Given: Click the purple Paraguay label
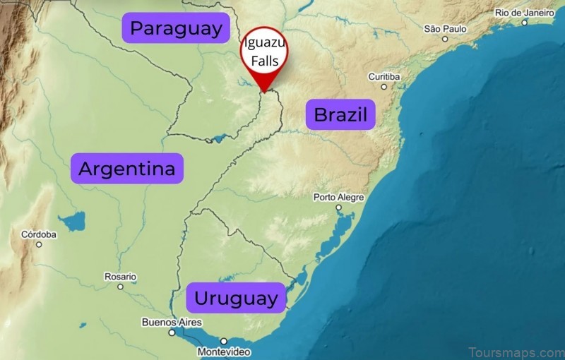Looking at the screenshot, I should [x=177, y=29].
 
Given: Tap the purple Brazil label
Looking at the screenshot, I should [x=340, y=114].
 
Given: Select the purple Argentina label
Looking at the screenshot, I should [x=127, y=169].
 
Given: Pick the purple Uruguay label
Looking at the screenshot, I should [x=236, y=298].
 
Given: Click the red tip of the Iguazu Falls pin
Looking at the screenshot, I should [x=263, y=91].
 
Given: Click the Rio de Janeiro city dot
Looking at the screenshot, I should [x=524, y=23].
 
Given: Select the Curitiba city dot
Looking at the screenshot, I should [x=384, y=87].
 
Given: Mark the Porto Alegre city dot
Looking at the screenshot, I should [x=338, y=208].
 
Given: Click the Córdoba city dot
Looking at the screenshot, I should [x=39, y=244].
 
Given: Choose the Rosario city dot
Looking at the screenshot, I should [x=120, y=287].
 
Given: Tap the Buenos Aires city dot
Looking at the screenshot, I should [x=171, y=332].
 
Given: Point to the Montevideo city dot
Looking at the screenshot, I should [x=224, y=341].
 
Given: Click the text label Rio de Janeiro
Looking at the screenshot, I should [x=523, y=13].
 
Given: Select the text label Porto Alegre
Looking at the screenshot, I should [x=338, y=197].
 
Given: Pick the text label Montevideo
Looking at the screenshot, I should [x=223, y=352].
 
